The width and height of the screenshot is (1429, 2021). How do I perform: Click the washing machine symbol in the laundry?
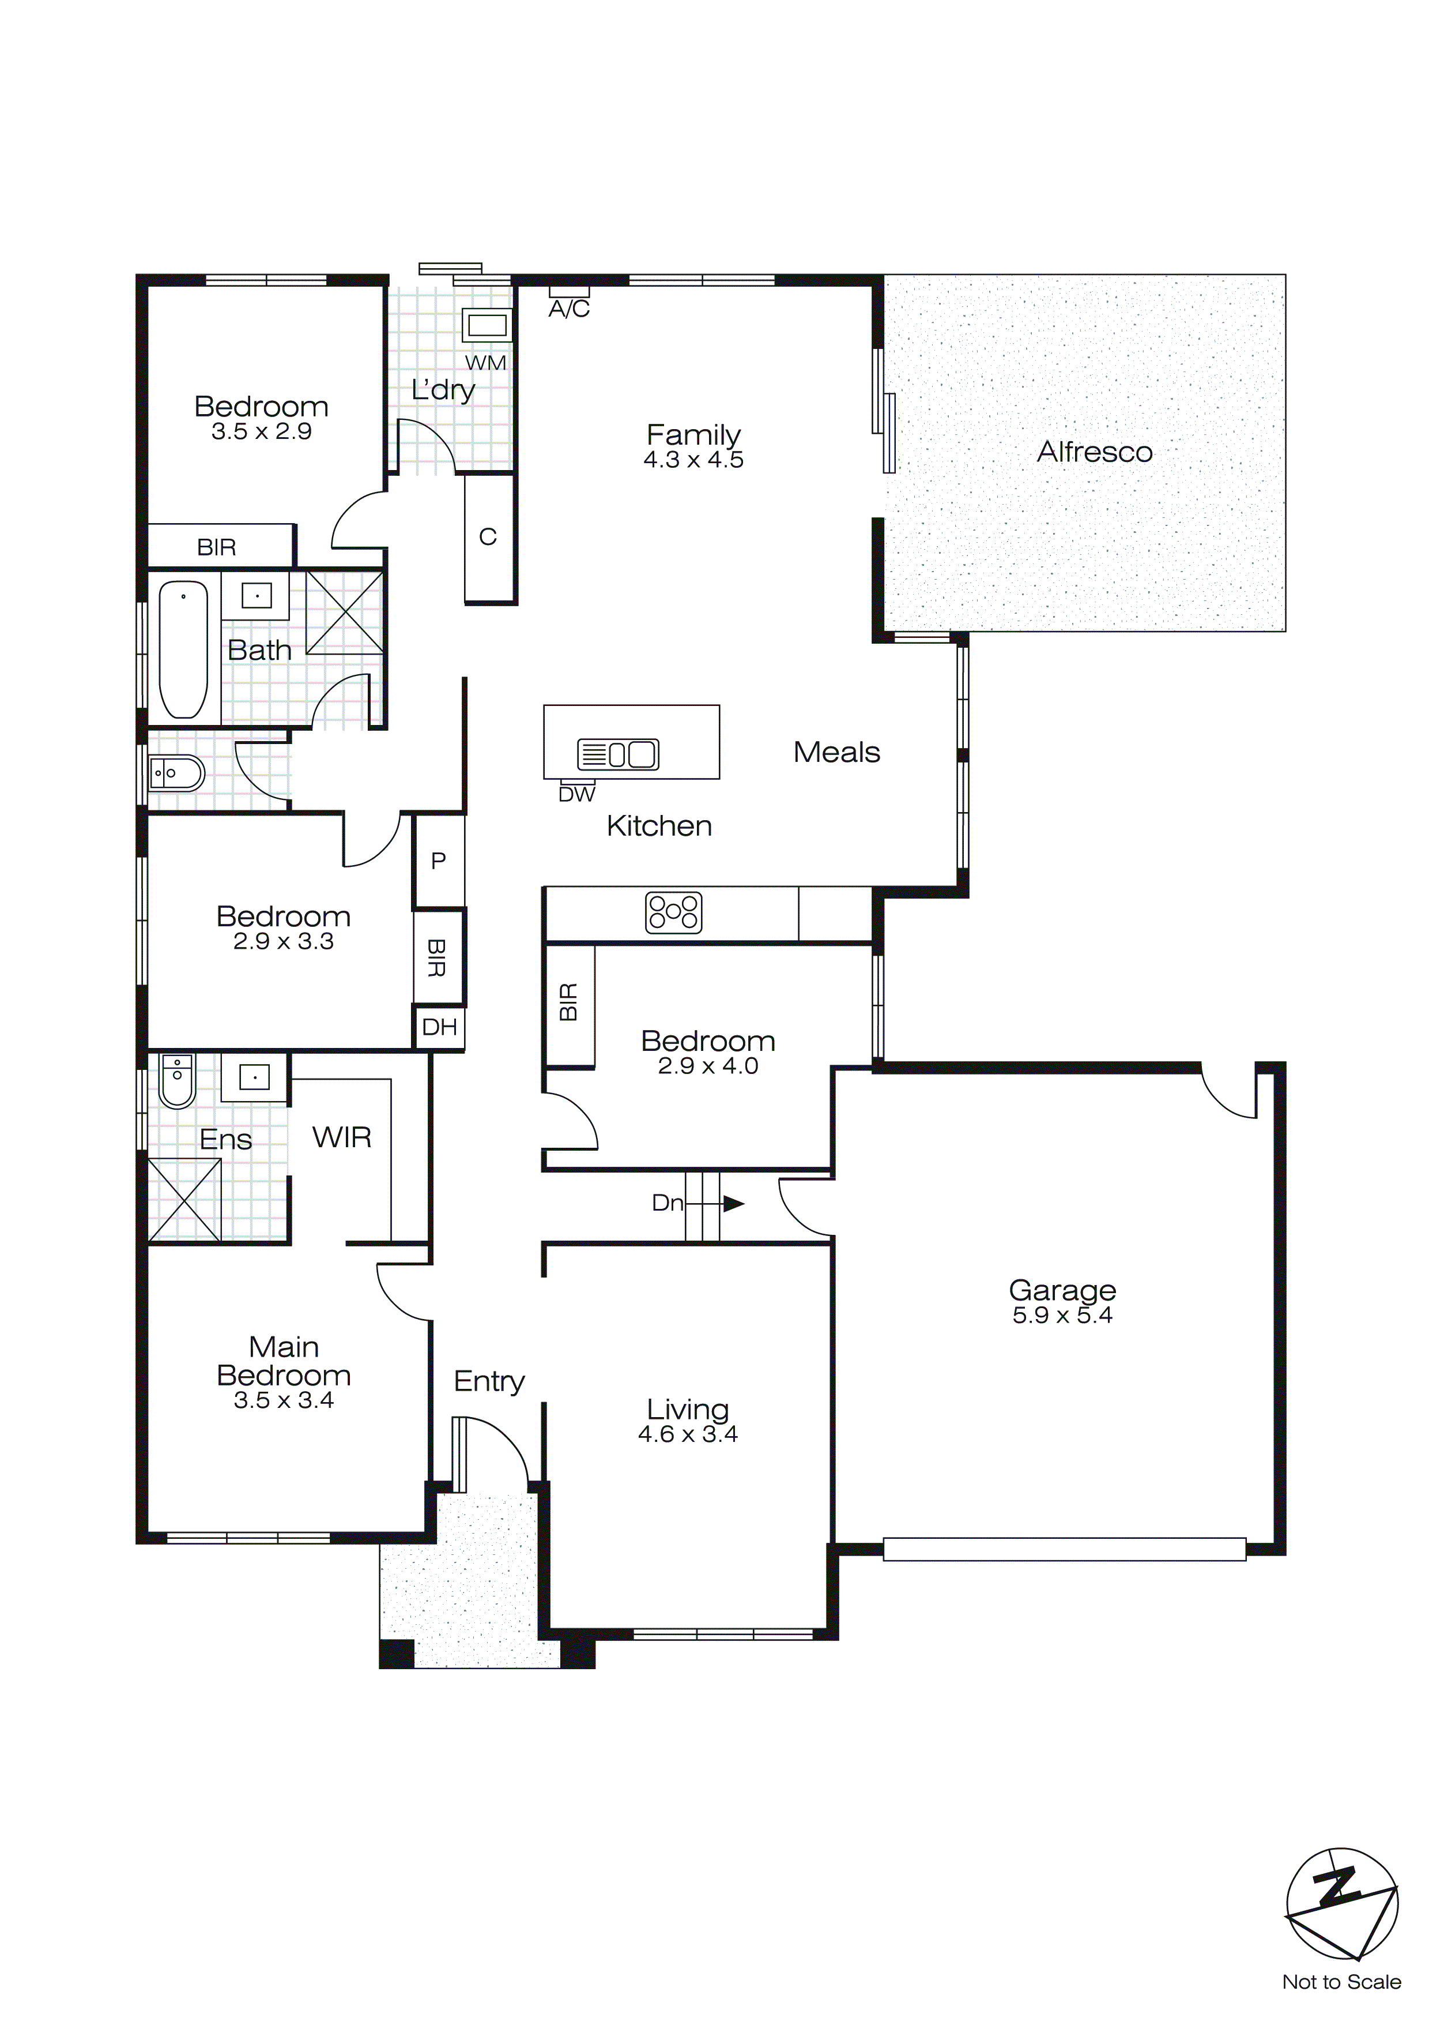click(x=487, y=325)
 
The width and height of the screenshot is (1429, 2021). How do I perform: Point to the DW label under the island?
click(x=577, y=794)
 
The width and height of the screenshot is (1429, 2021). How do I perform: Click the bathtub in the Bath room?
click(x=183, y=649)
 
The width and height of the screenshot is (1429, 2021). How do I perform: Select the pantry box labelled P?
click(x=438, y=861)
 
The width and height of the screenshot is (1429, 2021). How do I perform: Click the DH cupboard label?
click(x=439, y=1027)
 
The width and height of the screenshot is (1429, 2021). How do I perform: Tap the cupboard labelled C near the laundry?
click(x=488, y=537)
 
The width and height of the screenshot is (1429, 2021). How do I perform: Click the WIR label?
click(x=341, y=1137)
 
